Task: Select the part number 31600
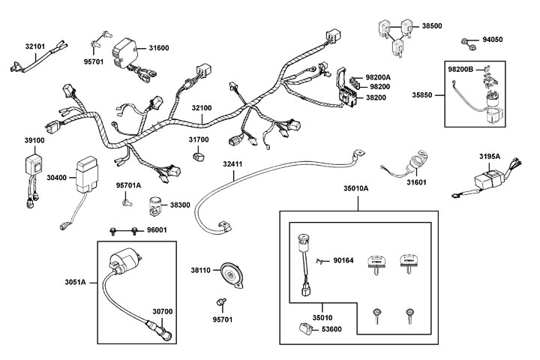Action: click(x=159, y=47)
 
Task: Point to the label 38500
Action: click(x=431, y=25)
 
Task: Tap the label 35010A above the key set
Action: click(x=357, y=190)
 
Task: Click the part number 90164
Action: click(x=343, y=260)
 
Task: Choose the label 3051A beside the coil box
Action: click(x=76, y=282)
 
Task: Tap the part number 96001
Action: click(x=157, y=230)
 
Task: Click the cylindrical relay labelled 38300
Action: click(x=155, y=203)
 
